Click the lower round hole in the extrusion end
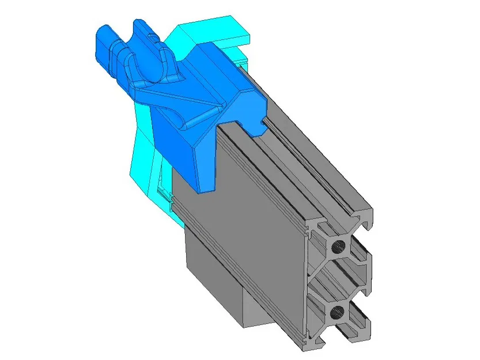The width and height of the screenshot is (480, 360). (338, 313)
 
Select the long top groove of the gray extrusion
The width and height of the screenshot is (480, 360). (305, 167)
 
